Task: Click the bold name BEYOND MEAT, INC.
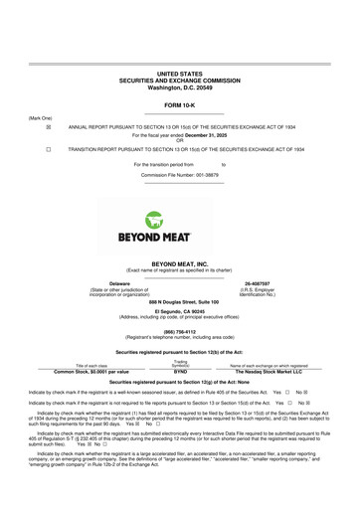pyautogui.click(x=180, y=236)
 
